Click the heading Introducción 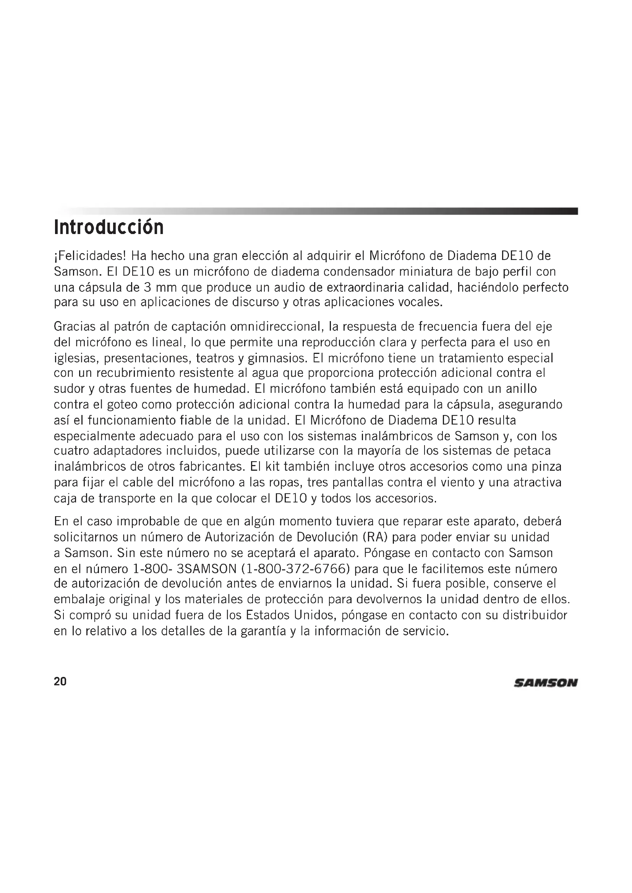click(x=109, y=228)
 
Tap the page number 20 click(x=60, y=681)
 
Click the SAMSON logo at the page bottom click(x=546, y=683)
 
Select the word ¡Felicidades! click(x=90, y=256)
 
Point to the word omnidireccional click(x=277, y=326)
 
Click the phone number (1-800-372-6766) click(x=295, y=569)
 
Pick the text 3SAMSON click(x=207, y=569)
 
